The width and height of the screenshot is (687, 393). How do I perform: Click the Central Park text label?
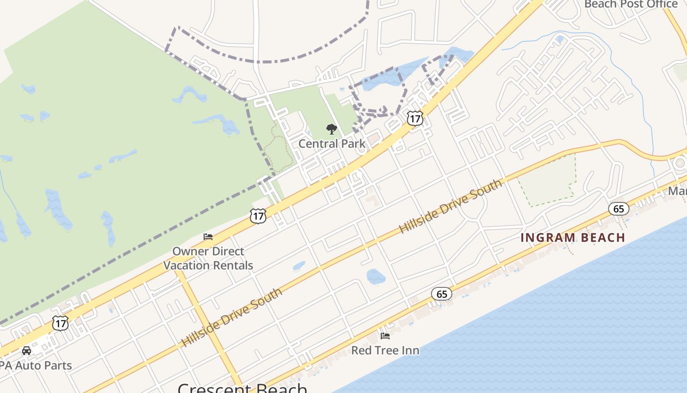332,143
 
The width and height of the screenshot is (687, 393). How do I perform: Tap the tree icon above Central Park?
332,129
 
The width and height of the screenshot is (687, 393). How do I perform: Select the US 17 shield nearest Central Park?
415,118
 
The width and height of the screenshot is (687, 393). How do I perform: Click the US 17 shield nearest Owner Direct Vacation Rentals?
258,216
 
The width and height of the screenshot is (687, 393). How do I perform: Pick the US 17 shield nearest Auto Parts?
60,323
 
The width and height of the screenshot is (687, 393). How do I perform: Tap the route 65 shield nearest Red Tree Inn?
442,294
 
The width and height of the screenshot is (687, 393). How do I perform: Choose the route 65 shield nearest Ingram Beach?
618,209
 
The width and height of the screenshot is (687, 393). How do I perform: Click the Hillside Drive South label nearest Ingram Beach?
450,206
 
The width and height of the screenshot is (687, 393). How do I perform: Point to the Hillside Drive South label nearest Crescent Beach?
232,318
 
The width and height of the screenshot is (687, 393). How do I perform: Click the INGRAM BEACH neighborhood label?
573,238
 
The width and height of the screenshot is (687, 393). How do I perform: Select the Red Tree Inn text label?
385,350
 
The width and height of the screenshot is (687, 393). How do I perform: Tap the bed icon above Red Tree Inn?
385,336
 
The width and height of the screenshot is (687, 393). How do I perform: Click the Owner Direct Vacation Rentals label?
208,258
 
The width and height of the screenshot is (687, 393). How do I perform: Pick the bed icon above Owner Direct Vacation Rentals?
208,237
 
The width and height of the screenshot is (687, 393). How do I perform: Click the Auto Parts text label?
35,365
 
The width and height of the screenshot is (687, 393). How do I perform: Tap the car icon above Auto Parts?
26,351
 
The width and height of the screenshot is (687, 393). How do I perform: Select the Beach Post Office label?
631,4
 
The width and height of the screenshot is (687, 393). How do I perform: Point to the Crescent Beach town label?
242,388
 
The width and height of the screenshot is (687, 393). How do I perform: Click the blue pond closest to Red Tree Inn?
376,276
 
